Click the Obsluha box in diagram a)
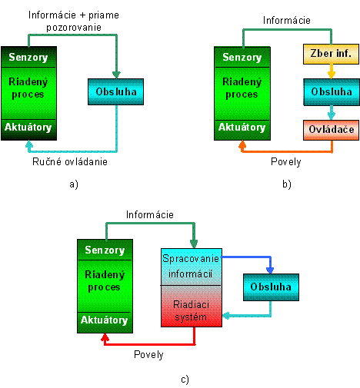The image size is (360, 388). (115, 91)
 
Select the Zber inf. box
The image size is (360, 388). (331, 54)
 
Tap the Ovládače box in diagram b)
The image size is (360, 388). (331, 130)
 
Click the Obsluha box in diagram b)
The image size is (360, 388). (332, 92)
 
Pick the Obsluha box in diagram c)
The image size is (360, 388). (271, 287)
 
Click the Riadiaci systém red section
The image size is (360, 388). (192, 306)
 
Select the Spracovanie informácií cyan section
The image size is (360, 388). (192, 267)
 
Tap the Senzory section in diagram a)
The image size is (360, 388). (28, 57)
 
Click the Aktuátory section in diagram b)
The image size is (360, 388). (242, 130)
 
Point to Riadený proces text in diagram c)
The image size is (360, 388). (105, 280)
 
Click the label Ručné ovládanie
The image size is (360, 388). (70, 162)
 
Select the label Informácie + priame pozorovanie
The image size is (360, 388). (74, 21)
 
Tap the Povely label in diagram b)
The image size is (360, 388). (286, 162)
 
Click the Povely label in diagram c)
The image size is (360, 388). (148, 355)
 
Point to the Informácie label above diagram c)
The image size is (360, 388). (150, 214)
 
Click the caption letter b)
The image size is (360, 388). (287, 184)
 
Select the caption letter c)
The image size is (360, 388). (185, 380)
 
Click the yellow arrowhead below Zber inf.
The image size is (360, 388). (332, 75)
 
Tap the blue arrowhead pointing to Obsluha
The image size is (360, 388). (270, 270)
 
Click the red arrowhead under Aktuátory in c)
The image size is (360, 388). (105, 337)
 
